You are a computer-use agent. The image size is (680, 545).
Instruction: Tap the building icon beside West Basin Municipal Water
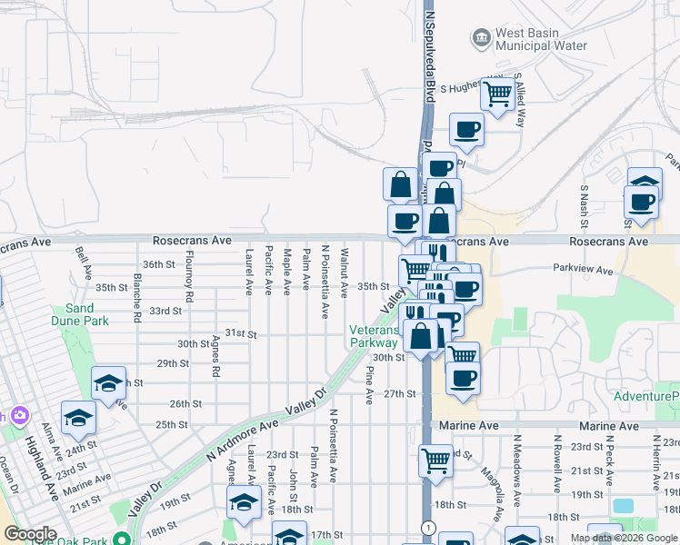481,38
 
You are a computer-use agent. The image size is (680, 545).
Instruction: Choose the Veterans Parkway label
374,336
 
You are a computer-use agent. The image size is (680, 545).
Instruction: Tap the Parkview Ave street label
585,268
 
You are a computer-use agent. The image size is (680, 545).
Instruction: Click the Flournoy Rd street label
189,277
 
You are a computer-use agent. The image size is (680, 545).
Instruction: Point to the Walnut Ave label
345,272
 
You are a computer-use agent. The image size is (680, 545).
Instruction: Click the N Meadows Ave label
516,463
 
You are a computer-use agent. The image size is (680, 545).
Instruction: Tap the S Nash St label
585,207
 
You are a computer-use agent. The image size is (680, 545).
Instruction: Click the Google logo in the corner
30,534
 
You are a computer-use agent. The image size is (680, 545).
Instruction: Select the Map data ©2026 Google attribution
623,538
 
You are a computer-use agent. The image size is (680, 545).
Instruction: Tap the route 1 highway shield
425,528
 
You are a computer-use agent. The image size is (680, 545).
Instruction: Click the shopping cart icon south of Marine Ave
435,461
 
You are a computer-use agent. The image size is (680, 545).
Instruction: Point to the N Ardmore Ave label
241,438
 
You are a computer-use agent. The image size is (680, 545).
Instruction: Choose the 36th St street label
158,264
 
